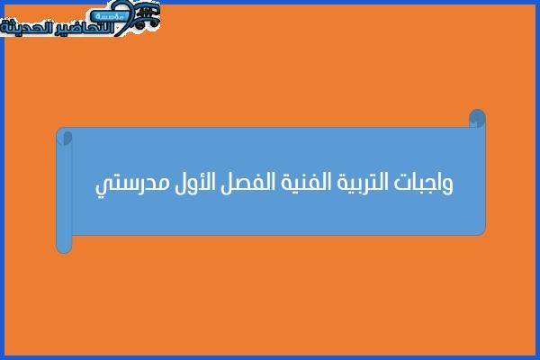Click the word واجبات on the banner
(x=424, y=183)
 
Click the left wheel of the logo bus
(x=139, y=24)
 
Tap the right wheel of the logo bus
(x=154, y=22)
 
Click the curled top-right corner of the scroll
(x=477, y=118)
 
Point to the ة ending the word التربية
(x=341, y=184)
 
